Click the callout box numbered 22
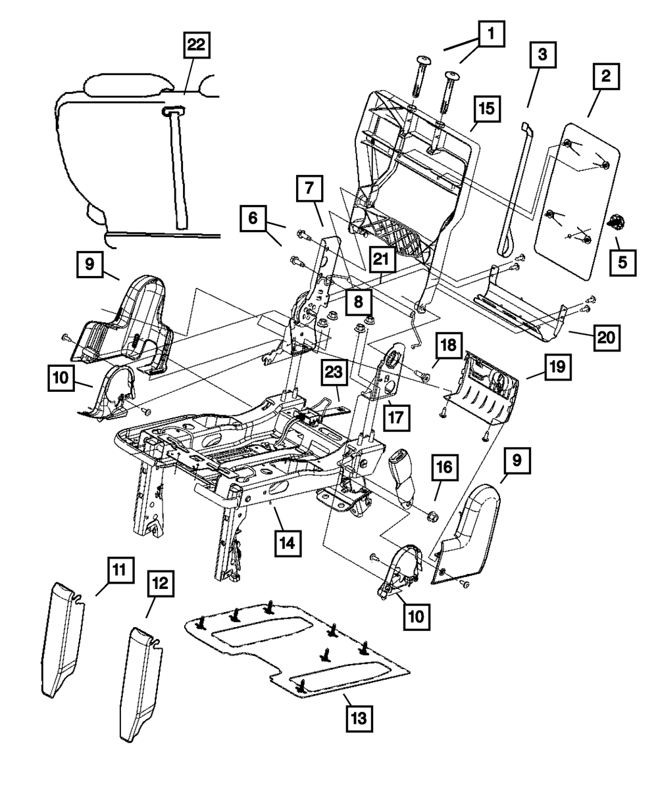[197, 45]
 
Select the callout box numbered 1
[492, 34]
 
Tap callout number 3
[543, 55]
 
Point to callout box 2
[607, 76]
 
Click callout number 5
[623, 262]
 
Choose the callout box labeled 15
[487, 109]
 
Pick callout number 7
[309, 189]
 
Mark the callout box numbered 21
[382, 259]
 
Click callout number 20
[607, 338]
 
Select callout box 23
[334, 372]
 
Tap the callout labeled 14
[288, 543]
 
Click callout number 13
[359, 718]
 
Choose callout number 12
[161, 584]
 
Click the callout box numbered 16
[445, 467]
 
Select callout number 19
[558, 367]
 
